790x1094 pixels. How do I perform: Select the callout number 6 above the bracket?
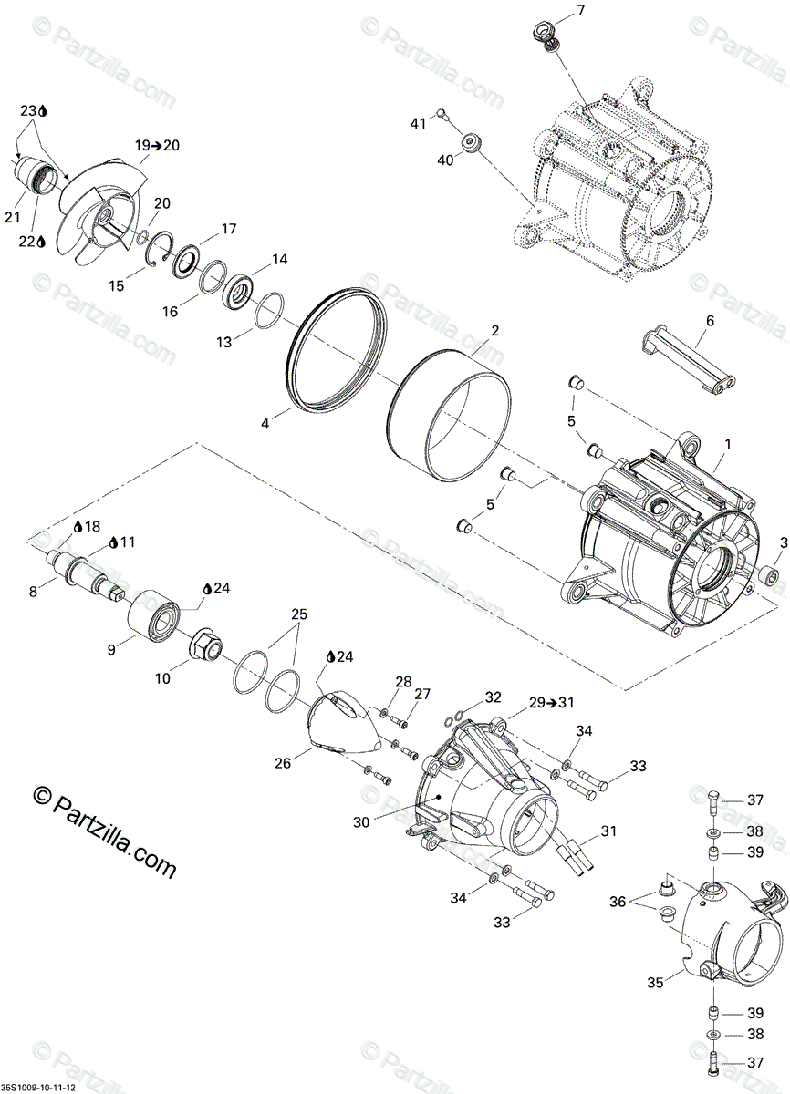(710, 321)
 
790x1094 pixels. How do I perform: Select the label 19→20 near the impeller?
(158, 145)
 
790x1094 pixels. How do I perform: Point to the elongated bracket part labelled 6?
(691, 362)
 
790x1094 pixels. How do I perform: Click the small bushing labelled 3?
(768, 575)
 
